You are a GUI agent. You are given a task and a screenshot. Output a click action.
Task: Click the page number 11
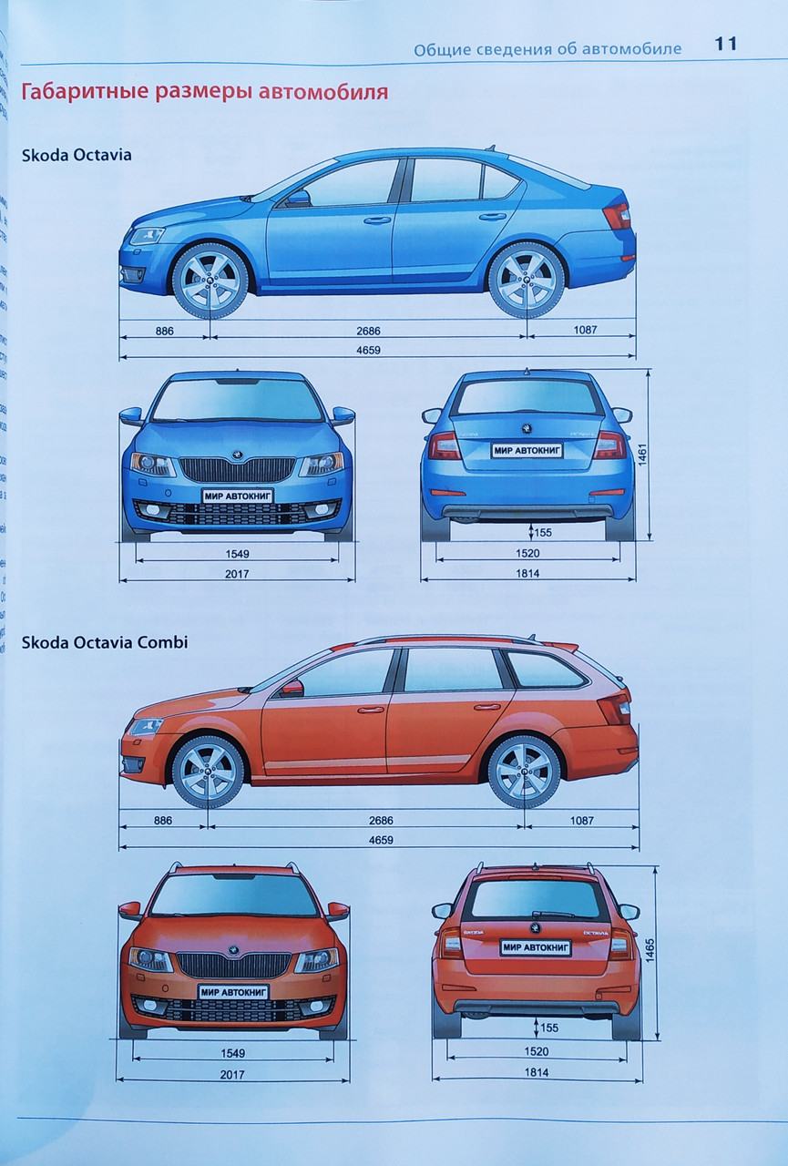pos(725,45)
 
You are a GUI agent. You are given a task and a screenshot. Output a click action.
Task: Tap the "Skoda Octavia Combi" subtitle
pos(104,642)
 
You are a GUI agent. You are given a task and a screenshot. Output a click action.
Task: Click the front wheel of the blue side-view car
pos(210,280)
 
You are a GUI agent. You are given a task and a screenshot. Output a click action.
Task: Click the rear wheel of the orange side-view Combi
pos(524,771)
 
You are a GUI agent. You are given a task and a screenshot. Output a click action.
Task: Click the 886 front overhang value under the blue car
pos(164,330)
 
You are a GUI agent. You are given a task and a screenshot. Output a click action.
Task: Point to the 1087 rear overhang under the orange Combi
pos(581,821)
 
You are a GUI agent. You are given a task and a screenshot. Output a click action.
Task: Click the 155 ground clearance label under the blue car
pos(544,532)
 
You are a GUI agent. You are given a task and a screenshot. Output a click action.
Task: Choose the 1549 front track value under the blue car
pos(235,553)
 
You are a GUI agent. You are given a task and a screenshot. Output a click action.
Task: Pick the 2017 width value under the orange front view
pos(232,1075)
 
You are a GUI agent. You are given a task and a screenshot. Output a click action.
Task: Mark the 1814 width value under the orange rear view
pos(537,1073)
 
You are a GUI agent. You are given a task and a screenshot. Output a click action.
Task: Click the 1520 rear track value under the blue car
pos(527,553)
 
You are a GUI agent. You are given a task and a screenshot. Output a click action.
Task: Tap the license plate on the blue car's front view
pos(237,496)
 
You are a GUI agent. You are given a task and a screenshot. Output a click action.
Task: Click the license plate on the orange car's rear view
pos(536,947)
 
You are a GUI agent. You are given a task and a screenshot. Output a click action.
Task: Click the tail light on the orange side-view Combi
pos(613,707)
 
